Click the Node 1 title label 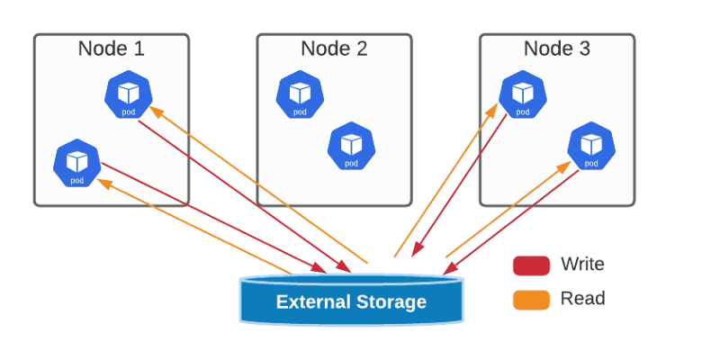coord(111,49)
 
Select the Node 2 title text coord(334,49)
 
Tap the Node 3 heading coord(556,49)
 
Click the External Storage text coord(351,301)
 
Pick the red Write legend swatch coord(531,265)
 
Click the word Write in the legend coord(582,265)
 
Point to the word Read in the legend coord(582,299)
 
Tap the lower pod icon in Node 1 coord(76,164)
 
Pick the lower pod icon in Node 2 coord(350,147)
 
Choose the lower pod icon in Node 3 coord(589,147)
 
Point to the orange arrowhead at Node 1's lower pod coord(103,183)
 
